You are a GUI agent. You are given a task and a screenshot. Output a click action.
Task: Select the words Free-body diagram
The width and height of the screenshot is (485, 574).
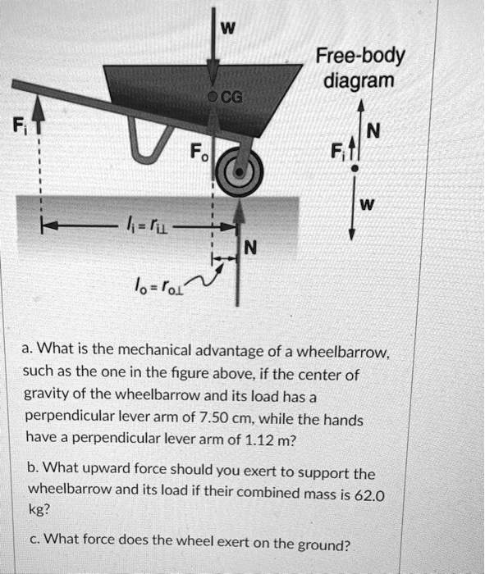358,69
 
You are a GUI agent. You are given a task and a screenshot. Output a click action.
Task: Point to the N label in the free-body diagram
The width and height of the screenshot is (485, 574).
375,130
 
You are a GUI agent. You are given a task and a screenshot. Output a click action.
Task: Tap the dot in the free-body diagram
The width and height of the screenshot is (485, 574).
354,167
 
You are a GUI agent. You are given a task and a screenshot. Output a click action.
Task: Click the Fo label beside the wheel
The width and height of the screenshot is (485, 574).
195,151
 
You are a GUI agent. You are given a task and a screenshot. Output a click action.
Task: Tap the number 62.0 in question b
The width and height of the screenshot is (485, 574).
368,495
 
